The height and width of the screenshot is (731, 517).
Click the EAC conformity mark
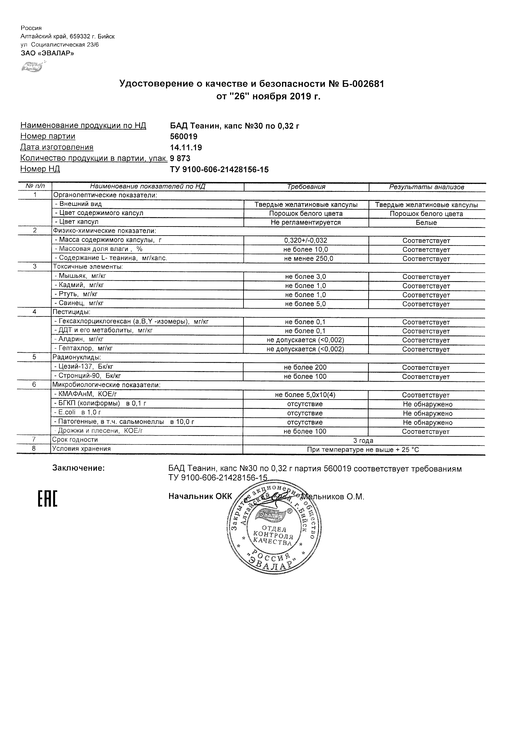(x=48, y=499)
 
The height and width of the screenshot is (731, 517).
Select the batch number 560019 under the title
(x=184, y=137)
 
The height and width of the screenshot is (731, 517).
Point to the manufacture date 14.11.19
(x=186, y=147)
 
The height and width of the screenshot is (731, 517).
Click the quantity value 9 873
(x=180, y=158)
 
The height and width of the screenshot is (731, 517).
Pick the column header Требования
(x=306, y=187)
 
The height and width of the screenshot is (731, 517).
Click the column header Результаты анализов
(x=427, y=187)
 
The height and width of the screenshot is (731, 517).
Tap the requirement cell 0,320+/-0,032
(x=306, y=241)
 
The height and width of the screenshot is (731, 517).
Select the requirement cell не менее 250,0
(x=308, y=259)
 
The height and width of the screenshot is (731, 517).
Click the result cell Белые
(x=426, y=222)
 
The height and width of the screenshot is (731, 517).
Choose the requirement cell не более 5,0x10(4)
(x=305, y=395)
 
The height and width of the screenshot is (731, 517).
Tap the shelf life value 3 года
(x=363, y=441)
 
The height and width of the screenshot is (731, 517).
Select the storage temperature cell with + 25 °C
(x=363, y=450)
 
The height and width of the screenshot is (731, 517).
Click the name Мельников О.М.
(x=333, y=497)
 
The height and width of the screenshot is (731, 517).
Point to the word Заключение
(x=78, y=468)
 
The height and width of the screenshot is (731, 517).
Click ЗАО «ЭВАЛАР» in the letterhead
(x=47, y=53)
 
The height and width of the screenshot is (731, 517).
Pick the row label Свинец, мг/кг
(x=81, y=303)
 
